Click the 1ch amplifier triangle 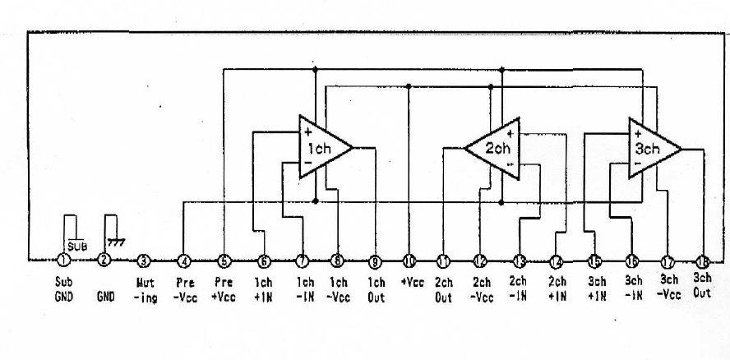click(x=322, y=148)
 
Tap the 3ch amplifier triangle click(x=651, y=149)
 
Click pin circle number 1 click(x=64, y=261)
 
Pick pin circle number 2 click(x=104, y=261)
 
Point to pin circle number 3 click(x=145, y=261)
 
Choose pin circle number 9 click(x=375, y=261)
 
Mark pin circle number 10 click(x=409, y=261)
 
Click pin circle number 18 click(x=703, y=261)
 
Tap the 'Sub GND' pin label click(x=64, y=287)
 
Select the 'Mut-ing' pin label click(x=145, y=287)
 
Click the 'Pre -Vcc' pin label click(x=184, y=287)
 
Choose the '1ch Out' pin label click(x=376, y=287)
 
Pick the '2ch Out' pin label click(x=444, y=287)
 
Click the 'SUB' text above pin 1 click(x=76, y=244)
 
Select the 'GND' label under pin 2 click(x=105, y=292)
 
